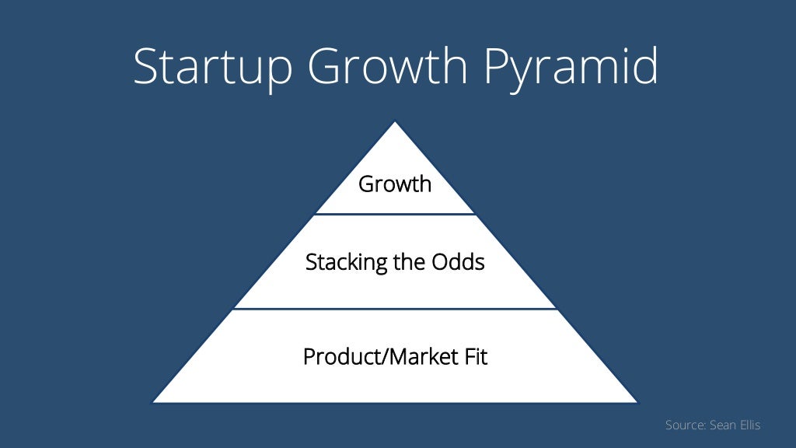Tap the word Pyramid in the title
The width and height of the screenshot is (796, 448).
[x=571, y=68]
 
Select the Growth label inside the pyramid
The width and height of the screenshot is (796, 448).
[x=395, y=185]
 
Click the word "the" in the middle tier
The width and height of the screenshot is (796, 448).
[x=407, y=262]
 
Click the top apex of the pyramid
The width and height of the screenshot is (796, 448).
[x=395, y=122]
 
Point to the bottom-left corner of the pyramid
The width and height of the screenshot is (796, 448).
[x=154, y=401]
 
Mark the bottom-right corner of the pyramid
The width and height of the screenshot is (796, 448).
[x=637, y=401]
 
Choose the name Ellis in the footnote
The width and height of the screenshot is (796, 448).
[x=750, y=425]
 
